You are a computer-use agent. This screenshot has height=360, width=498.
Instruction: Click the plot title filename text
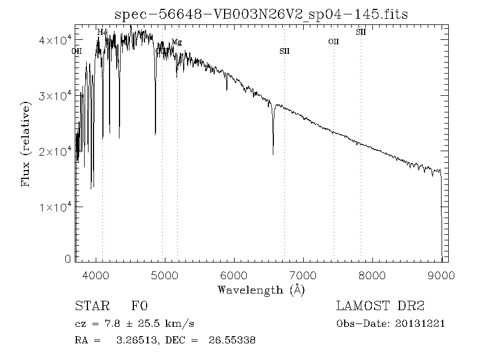261,14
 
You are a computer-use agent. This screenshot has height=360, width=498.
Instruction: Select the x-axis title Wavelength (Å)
261,289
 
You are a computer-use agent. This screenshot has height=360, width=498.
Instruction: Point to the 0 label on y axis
68,259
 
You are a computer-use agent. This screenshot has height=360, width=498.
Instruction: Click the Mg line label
176,42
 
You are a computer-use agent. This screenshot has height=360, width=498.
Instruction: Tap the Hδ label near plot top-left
102,33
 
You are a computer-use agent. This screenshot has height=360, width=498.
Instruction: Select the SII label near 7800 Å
361,33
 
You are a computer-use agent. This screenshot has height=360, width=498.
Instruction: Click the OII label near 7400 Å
333,42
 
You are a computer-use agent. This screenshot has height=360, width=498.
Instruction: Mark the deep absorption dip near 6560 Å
273,153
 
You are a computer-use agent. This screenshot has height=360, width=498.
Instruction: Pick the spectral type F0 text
139,306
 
